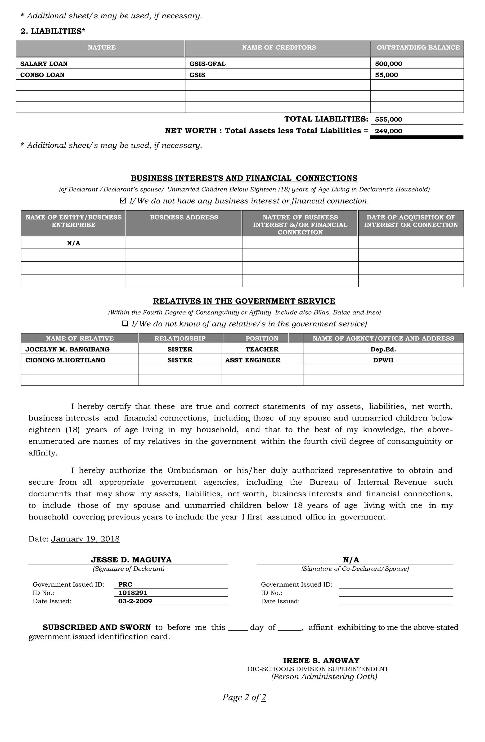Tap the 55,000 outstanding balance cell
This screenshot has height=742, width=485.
pos(386,75)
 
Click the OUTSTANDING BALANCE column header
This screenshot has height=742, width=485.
pos(418,48)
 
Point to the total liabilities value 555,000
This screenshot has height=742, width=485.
pos(388,119)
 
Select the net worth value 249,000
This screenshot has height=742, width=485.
pos(388,131)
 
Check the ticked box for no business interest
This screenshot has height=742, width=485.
pos(123,200)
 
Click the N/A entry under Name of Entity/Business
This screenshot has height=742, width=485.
pos(74,243)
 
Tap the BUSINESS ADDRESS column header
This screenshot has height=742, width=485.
pos(184,217)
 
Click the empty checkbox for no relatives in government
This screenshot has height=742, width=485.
pos(125,323)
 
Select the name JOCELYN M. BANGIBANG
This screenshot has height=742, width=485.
pos(67,349)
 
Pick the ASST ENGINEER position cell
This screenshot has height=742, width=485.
pos(253,360)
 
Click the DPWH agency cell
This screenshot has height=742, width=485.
pos(383,360)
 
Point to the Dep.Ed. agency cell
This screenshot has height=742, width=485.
pos(383,349)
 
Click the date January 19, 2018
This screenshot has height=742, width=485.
pos(85,539)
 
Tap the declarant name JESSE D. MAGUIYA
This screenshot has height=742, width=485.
pos(131,560)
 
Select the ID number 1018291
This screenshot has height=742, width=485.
pos(133,593)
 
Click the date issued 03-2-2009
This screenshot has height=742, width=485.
pos(135,601)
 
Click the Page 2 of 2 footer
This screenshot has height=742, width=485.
pos(244,697)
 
